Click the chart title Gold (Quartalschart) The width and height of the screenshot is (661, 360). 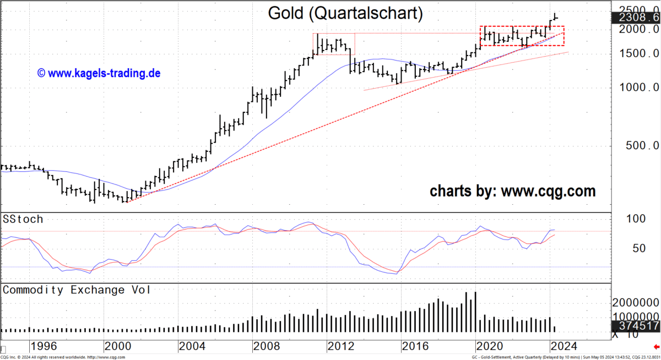click(345, 13)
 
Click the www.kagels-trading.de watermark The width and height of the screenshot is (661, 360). click(99, 73)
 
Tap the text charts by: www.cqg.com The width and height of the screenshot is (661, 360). click(512, 191)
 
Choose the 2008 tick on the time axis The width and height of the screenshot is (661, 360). click(266, 346)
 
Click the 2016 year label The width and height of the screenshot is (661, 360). click(415, 346)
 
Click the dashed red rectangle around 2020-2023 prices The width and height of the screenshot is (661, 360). click(522, 26)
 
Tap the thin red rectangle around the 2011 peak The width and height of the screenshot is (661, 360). click(334, 34)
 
